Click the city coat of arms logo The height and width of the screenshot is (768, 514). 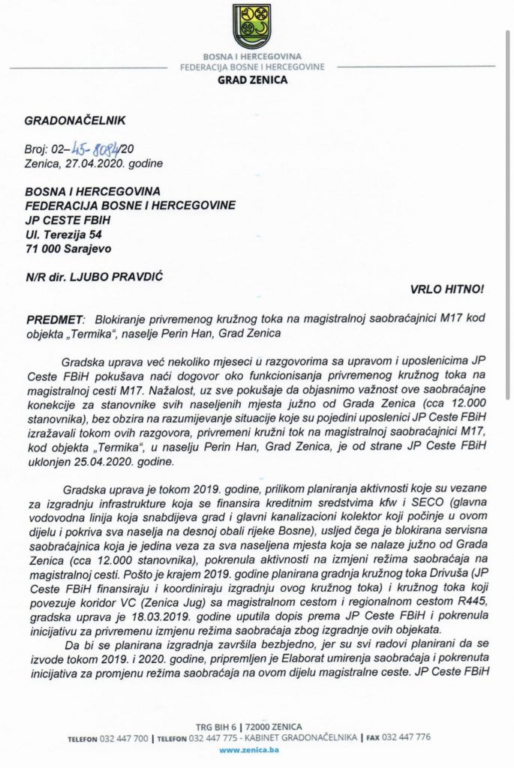251,27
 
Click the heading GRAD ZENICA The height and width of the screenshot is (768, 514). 252,80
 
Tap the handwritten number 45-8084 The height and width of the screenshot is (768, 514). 88,147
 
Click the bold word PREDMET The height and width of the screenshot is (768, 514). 55,318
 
